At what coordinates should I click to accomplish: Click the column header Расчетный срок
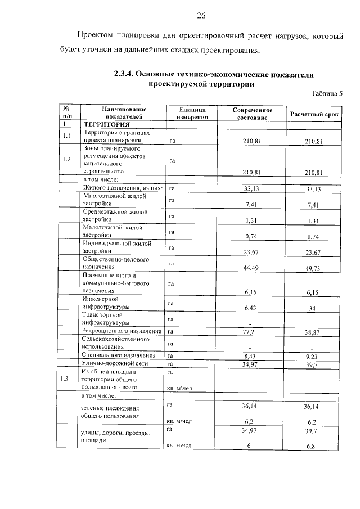(x=314, y=114)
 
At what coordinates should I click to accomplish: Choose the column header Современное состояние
(x=253, y=114)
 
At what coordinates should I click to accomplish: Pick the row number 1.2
(x=67, y=159)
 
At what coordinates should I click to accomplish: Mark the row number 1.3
(x=67, y=379)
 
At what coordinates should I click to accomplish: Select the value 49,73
(x=313, y=268)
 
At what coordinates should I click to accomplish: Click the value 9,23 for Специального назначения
(x=313, y=356)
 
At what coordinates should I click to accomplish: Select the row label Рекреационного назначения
(x=122, y=332)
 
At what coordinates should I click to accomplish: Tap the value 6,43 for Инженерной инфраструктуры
(x=253, y=308)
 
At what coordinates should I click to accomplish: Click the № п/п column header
(x=67, y=114)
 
